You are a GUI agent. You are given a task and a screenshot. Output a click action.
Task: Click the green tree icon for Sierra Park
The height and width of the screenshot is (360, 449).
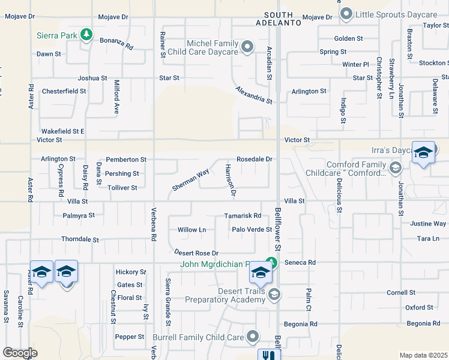click(86, 35)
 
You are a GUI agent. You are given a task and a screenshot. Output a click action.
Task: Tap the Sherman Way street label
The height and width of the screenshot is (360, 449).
click(190, 180)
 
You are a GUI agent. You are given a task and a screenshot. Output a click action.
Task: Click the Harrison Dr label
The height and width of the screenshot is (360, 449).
click(229, 180)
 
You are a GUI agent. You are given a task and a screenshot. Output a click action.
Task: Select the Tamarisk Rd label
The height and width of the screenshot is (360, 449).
click(243, 215)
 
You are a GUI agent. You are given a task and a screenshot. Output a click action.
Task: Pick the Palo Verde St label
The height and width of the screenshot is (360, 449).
click(252, 229)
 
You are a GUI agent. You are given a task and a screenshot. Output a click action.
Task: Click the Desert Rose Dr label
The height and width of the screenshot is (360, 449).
click(196, 253)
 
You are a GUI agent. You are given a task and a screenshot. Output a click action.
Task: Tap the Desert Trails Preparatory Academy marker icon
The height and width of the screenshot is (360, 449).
click(274, 293)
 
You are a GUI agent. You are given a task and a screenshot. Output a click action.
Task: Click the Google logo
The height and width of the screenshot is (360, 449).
click(20, 353)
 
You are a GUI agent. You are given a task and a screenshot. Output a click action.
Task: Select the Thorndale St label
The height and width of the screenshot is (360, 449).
click(80, 239)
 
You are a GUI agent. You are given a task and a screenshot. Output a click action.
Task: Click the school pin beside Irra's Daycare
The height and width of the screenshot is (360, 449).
click(423, 154)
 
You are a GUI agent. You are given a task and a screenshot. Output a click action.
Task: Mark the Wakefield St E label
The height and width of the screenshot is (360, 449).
click(63, 131)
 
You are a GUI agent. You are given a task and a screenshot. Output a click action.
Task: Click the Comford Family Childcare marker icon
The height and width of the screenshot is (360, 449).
click(395, 167)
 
